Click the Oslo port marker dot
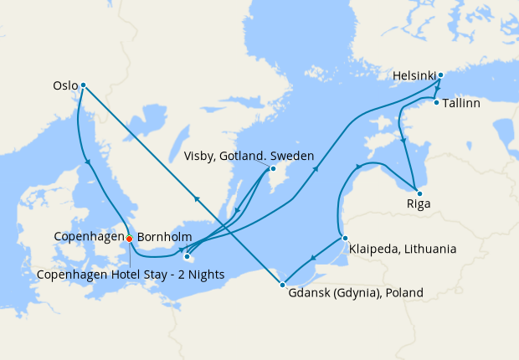pos(83,85)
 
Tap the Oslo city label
pos(64,85)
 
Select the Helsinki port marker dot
pos(440,75)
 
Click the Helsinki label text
pos(414,76)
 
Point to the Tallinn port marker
pos(436,102)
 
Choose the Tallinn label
pos(464,103)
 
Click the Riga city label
pos(418,203)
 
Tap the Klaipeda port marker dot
pos(344,238)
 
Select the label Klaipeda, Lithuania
pos(403,249)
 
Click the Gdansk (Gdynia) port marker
pos(282,285)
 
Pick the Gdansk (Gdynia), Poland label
pos(356,293)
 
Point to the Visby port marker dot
pos(273,169)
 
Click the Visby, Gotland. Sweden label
pos(249,156)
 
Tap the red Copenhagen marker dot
pos(129,239)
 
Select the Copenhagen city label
pos(89,238)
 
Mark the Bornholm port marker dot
pos(187,257)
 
